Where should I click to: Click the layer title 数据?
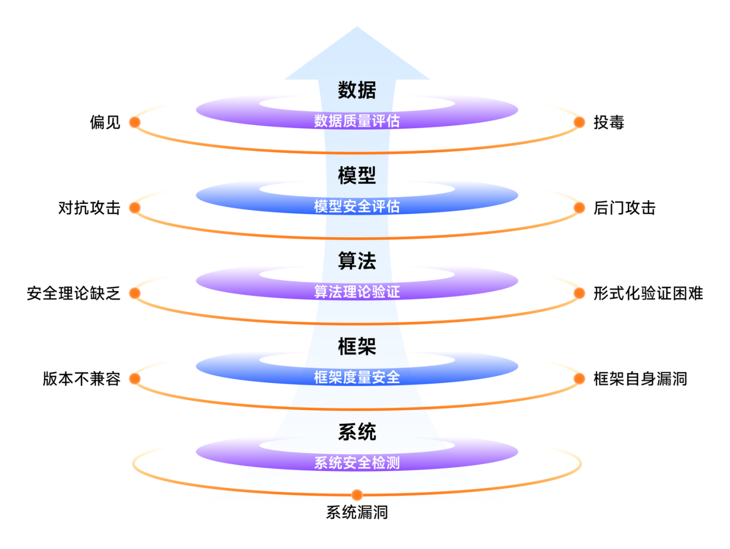coord(357,90)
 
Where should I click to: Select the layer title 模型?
coord(357,175)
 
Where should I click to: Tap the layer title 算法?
coord(357,261)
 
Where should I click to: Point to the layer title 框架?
coord(357,346)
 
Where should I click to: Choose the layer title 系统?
coord(357,432)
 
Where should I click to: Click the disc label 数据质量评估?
coord(357,121)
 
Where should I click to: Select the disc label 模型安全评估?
coord(357,207)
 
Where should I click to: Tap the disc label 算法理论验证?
coord(357,292)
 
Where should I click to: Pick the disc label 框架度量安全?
coord(357,377)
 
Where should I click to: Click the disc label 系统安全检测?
coord(357,463)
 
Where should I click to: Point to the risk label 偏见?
coord(105,122)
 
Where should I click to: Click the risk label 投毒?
coord(609,122)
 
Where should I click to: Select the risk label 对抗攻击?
coord(89,208)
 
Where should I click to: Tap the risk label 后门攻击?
coord(625,208)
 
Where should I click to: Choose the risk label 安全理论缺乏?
coord(73,293)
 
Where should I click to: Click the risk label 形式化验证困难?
coord(648,293)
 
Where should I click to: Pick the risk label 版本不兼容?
coord(81,379)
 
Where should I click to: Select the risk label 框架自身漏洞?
coord(640,379)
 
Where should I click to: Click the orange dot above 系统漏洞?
coord(357,495)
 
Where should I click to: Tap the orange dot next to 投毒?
coord(579,122)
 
